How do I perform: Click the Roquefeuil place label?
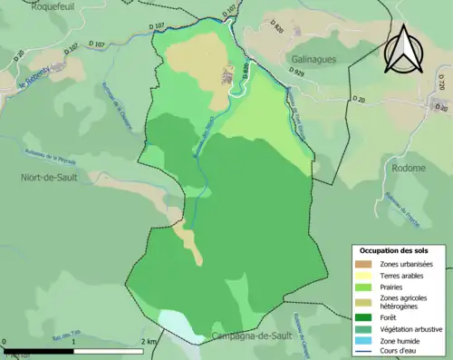tap(26, 5)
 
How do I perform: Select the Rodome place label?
tap(409, 168)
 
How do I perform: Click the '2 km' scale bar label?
tap(149, 340)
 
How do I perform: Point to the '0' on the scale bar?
tap(5, 340)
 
